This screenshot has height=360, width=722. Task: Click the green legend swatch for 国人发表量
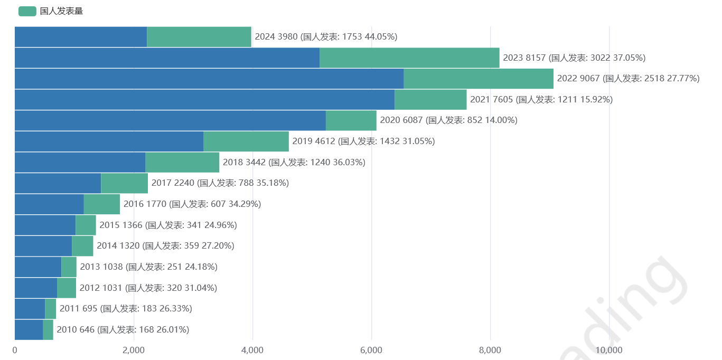pos(27,11)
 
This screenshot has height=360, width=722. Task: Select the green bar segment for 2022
pos(479,79)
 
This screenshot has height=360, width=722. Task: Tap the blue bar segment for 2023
pos(167,58)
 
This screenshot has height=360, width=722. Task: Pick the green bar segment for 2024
pos(199,37)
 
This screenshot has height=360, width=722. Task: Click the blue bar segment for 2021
pos(204,100)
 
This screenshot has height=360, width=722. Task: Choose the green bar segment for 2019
pos(246,141)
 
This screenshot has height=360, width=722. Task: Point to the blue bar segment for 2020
pos(170,120)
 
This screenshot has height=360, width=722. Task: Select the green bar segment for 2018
pos(182,163)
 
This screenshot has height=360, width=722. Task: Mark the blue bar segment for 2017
pos(58,183)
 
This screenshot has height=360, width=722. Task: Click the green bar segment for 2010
pos(48,330)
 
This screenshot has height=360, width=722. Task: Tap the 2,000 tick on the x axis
pos(134,350)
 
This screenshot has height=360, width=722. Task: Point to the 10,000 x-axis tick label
pos(609,350)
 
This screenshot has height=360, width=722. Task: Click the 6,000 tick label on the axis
pos(371,350)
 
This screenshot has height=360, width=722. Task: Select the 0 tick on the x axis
pos(15,350)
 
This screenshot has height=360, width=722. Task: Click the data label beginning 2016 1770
pos(192,204)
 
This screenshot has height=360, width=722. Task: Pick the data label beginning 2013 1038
pos(148,267)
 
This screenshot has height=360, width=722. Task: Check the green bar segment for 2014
pos(82,246)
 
